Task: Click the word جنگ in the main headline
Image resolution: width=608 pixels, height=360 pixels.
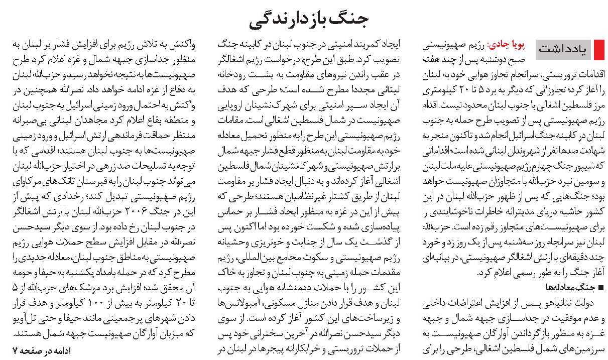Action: tap(348, 20)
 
